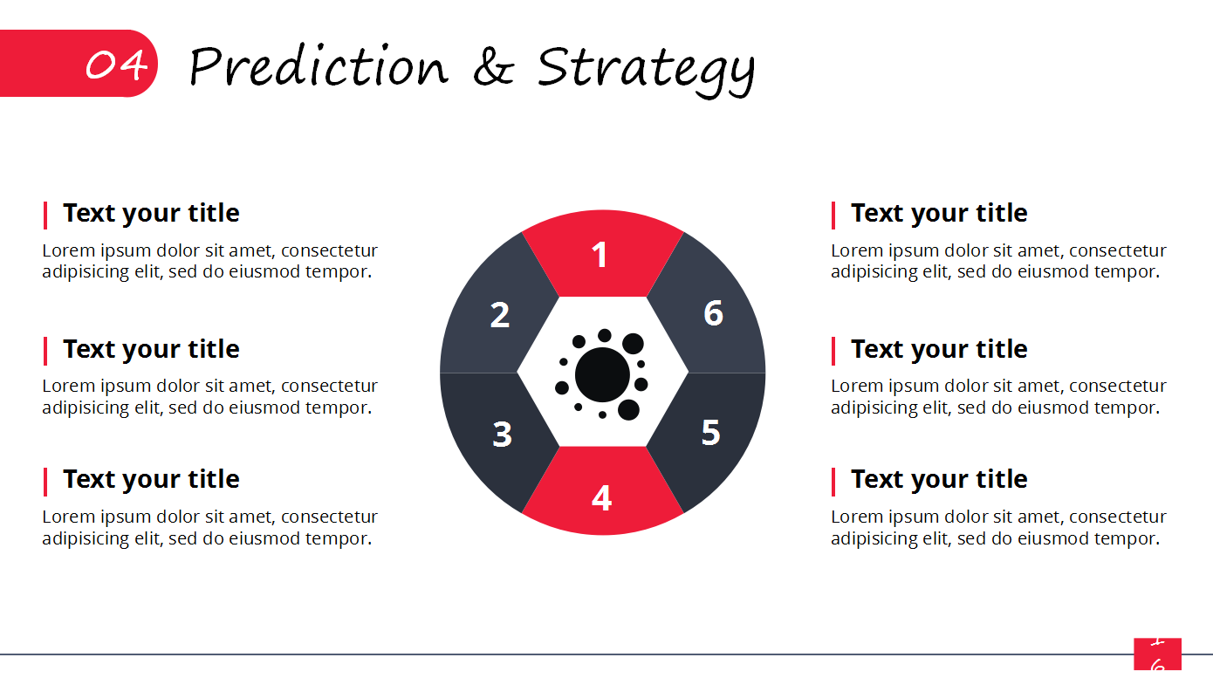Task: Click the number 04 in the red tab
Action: [x=116, y=65]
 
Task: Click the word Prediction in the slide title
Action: [x=319, y=66]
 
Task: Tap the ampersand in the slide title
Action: [x=493, y=66]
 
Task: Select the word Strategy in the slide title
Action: [x=646, y=71]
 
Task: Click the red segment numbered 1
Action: [x=602, y=255]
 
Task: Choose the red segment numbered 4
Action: [x=602, y=496]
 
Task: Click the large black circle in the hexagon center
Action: [x=602, y=374]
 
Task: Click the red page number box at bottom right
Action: [x=1158, y=654]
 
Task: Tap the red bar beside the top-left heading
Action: [x=45, y=216]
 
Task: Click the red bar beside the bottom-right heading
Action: [x=833, y=482]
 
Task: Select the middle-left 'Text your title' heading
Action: [x=151, y=349]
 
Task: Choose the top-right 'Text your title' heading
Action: [x=939, y=214]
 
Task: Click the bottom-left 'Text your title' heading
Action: [x=151, y=480]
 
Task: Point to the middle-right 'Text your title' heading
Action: [x=939, y=349]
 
